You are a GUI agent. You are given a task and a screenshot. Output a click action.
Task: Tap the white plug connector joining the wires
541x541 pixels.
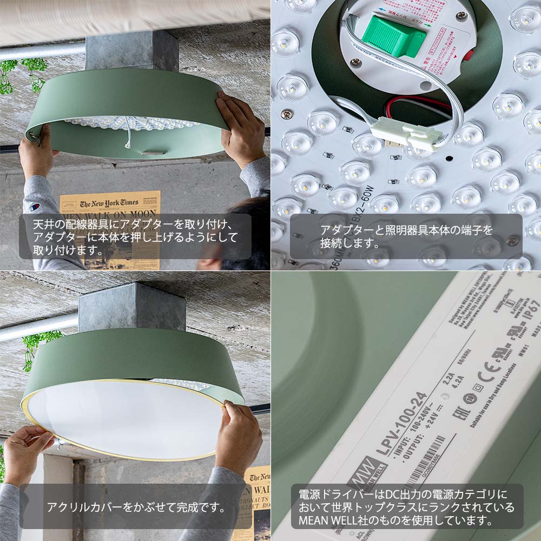click(x=406, y=131)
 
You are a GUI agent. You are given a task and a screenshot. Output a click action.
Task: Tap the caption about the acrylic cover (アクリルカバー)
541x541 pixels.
click(x=135, y=507)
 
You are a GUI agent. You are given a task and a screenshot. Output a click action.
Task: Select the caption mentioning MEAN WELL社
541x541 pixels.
click(x=406, y=507)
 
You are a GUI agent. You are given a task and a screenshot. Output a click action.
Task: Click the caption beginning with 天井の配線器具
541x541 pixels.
click(x=135, y=236)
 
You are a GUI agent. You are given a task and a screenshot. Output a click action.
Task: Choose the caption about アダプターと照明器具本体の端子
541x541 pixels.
click(x=406, y=236)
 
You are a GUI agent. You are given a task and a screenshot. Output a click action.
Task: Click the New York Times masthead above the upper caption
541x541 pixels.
click(x=109, y=203)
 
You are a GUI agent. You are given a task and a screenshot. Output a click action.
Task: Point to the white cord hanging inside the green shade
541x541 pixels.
click(x=129, y=133)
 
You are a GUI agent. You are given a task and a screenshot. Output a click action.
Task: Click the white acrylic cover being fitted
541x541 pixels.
click(x=124, y=419)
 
